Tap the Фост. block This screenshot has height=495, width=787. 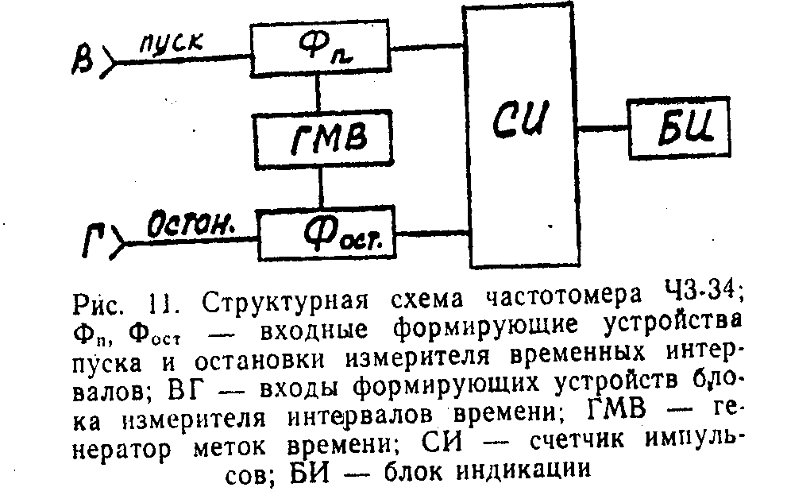tap(328, 232)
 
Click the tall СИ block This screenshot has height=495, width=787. tap(522, 127)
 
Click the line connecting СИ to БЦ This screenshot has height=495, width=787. tap(605, 127)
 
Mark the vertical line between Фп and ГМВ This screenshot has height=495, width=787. tap(319, 92)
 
